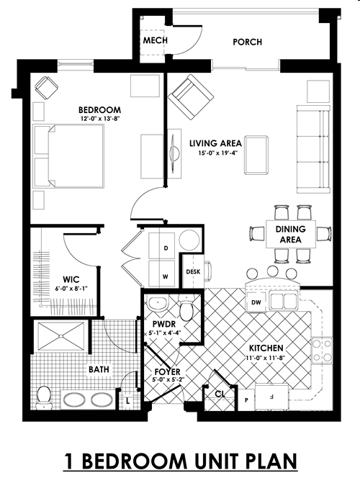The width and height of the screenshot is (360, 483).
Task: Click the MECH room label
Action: coord(156,40)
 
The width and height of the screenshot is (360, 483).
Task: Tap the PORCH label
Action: coord(247,42)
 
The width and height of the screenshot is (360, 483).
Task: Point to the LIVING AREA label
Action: coord(215,143)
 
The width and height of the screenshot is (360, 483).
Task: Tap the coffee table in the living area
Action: coord(256,155)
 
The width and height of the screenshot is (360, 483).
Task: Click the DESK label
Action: coord(193,272)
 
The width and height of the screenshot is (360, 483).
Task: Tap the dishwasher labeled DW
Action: coord(256,303)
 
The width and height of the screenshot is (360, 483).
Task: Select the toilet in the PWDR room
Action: coord(187,310)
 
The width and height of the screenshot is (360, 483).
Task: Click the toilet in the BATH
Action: coord(43,395)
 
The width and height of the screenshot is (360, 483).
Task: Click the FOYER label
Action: coord(168,372)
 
